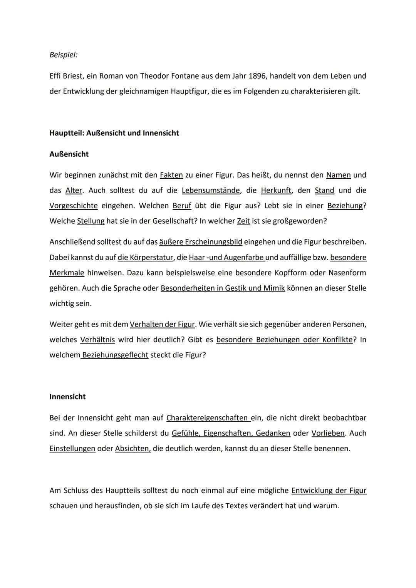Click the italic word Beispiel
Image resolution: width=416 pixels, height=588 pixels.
tap(63, 55)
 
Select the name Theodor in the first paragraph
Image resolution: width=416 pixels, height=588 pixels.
tap(155, 76)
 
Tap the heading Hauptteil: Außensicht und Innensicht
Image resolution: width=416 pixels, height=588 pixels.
tap(114, 133)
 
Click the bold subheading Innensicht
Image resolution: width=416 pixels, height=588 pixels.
tap(67, 397)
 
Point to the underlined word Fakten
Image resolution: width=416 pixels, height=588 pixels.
tap(171, 175)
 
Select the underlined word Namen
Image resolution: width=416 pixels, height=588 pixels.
tap(338, 175)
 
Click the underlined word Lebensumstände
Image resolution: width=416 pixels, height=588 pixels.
tap(211, 191)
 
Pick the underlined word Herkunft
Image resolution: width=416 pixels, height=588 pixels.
tap(276, 191)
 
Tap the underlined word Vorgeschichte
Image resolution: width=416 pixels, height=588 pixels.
tap(73, 206)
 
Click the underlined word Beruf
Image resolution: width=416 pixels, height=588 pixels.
tap(182, 206)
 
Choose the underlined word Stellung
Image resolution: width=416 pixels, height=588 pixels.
tap(91, 221)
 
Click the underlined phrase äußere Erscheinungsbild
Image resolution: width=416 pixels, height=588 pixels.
tap(200, 242)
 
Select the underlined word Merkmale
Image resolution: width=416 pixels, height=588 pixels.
tap(67, 273)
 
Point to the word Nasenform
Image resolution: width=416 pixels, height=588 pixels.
tap(347, 273)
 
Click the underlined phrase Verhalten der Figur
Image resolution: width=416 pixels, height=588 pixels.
tap(162, 325)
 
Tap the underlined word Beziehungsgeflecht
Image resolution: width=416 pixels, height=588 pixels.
tap(115, 355)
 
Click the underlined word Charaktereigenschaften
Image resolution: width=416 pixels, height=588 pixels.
tap(207, 418)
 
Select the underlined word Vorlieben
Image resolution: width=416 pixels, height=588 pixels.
tap(328, 434)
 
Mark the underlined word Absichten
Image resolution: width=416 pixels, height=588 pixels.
tap(132, 449)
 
